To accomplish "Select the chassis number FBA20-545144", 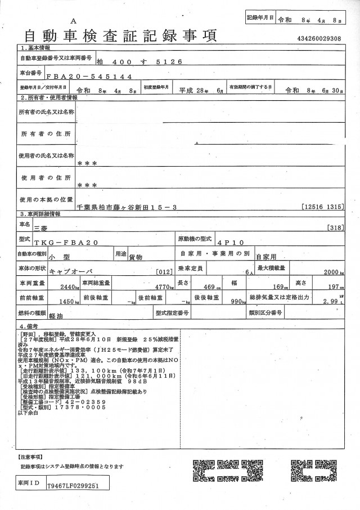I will coord(89,76).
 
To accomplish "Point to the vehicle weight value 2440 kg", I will coord(69,287).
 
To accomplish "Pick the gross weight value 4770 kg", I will coord(164,287).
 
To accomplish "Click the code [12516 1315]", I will coord(322,207).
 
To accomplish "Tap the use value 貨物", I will coord(136,256).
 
